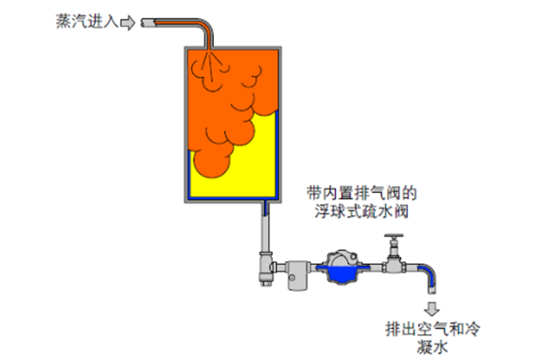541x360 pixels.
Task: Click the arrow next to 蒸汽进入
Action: click(127, 22)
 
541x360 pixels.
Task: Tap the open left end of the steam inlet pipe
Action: click(144, 23)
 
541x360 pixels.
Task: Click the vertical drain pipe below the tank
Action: click(265, 232)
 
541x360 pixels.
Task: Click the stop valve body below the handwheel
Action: click(396, 263)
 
